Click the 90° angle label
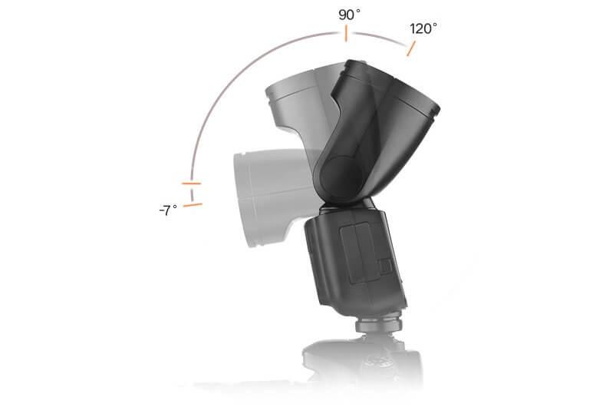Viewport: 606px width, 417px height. [349, 15]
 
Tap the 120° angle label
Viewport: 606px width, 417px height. [423, 28]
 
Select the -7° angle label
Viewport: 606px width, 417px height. [168, 210]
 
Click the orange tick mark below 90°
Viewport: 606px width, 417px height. [346, 34]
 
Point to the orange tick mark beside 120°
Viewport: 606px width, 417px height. [411, 48]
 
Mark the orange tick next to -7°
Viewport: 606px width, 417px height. [193, 205]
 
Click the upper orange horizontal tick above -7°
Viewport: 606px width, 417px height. [191, 183]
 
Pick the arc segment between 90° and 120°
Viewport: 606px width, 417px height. [380, 37]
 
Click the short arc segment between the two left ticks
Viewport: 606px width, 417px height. [191, 194]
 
